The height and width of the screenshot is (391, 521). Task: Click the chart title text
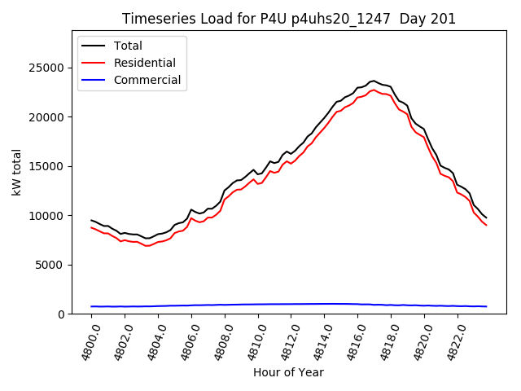pyautogui.click(x=289, y=19)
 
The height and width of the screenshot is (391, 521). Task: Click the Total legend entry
pyautogui.click(x=128, y=46)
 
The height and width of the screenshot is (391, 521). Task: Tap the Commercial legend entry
pyautogui.click(x=147, y=80)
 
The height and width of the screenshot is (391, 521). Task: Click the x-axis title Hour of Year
pyautogui.click(x=288, y=373)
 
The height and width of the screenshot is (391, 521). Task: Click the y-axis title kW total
pyautogui.click(x=16, y=173)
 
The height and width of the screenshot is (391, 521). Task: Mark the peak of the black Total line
pyautogui.click(x=374, y=81)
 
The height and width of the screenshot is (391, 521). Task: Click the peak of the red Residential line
pyautogui.click(x=374, y=90)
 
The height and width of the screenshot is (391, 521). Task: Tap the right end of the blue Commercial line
pyautogui.click(x=486, y=306)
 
